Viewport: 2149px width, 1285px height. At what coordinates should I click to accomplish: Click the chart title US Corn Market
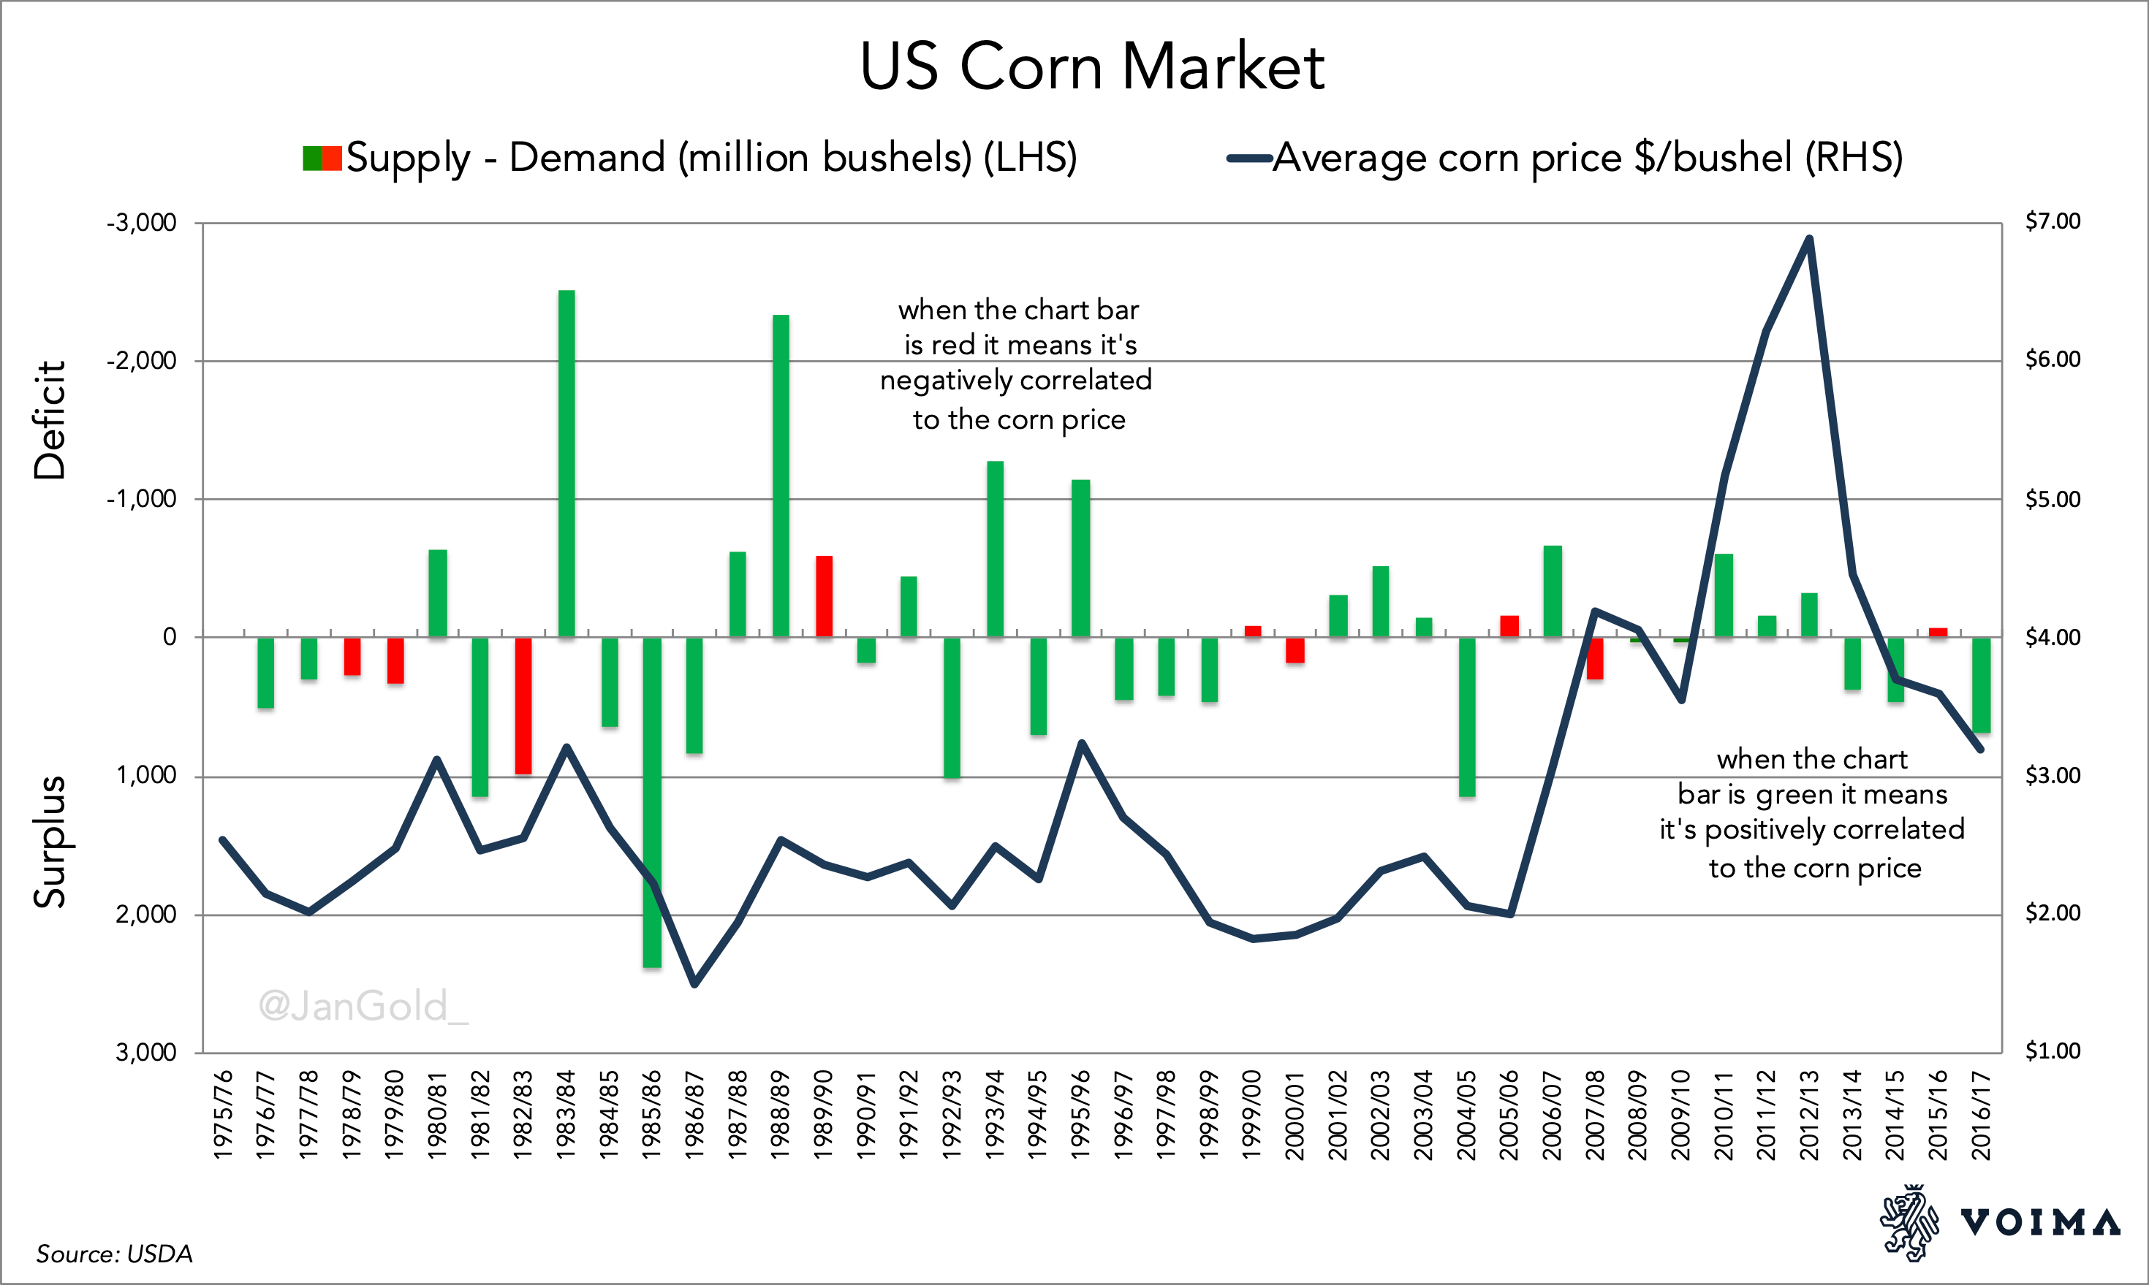point(1091,66)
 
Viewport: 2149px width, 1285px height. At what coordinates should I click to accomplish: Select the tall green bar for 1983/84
point(566,463)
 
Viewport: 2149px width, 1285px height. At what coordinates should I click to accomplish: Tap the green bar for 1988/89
point(781,476)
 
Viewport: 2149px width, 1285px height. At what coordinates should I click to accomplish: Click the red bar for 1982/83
point(523,706)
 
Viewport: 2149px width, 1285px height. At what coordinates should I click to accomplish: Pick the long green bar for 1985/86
point(652,801)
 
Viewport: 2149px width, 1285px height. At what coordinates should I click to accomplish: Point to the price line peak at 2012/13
point(1808,239)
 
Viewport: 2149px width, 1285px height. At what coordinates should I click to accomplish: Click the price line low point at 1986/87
point(694,984)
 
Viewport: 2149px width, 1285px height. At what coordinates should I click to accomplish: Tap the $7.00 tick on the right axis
point(2052,221)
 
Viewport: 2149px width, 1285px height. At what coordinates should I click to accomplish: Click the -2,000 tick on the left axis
point(142,361)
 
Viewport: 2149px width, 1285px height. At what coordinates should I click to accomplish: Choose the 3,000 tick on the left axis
point(146,1052)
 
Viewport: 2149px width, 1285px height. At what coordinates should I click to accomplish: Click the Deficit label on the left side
point(50,420)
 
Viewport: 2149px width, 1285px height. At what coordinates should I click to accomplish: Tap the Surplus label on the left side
point(50,842)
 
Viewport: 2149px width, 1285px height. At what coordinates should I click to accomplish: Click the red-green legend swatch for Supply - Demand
point(322,159)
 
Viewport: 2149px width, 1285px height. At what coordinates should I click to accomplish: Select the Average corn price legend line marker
point(1248,159)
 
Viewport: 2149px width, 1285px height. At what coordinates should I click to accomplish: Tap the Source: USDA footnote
point(114,1254)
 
